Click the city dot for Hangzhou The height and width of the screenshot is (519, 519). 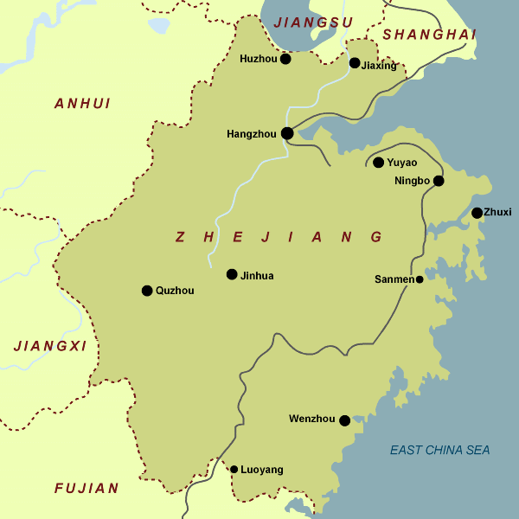[286, 133]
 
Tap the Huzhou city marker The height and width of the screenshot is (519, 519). [285, 59]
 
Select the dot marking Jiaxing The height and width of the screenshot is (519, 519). [355, 63]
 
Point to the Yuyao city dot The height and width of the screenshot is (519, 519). [378, 162]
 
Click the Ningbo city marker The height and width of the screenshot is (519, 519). [439, 181]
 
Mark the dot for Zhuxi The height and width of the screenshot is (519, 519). [477, 213]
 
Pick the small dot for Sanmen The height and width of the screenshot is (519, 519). [420, 279]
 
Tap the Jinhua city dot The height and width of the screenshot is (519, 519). [232, 274]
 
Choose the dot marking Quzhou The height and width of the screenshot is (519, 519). [147, 291]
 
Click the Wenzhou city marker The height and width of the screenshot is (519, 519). [344, 420]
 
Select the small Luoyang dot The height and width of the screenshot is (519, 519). [234, 470]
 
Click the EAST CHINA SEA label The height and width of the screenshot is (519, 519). [439, 450]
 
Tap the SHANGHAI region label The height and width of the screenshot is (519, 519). [429, 35]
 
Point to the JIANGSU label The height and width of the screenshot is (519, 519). [313, 22]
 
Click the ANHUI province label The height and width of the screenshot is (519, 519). [82, 104]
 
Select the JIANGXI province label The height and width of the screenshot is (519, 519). [50, 346]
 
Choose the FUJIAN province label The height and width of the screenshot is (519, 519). [86, 489]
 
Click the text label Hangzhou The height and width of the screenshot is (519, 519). [251, 134]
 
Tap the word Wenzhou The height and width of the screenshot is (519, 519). [311, 420]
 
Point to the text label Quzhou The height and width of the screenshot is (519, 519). [175, 291]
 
